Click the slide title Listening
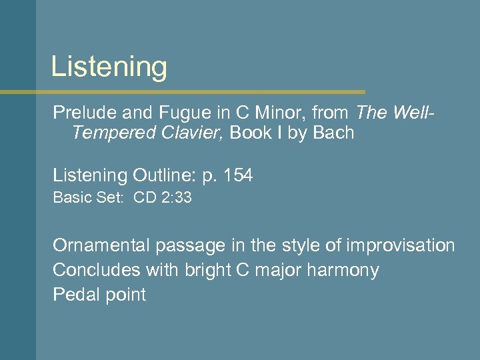coord(109,67)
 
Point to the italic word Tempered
coord(114,133)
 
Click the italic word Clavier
coord(194,133)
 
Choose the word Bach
coord(332,133)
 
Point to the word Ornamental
coord(102,245)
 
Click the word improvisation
coord(400,245)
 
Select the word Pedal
coord(74,295)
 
